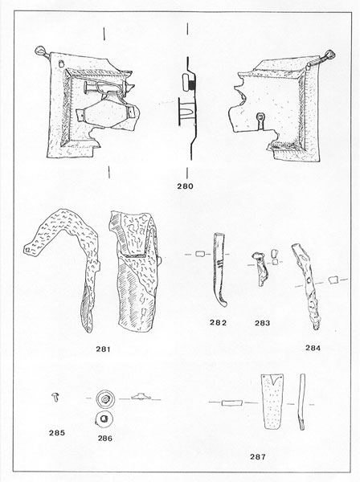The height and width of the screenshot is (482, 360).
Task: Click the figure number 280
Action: (185, 186)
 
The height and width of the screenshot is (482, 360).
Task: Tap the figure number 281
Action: (103, 349)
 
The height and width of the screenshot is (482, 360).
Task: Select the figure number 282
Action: (218, 322)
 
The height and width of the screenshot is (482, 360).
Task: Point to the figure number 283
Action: (262, 323)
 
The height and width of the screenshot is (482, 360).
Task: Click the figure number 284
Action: (313, 348)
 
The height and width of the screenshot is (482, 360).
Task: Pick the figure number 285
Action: (57, 433)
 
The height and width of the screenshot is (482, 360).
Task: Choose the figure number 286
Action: (105, 439)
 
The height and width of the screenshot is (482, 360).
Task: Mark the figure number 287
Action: (258, 457)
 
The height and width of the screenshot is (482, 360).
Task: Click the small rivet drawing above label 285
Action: (55, 397)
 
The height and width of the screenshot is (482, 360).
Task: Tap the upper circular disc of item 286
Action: (105, 398)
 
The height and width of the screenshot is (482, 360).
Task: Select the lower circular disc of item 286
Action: (104, 419)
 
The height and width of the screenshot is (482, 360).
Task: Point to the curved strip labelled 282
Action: (220, 271)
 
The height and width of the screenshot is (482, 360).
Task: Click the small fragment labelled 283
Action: (260, 268)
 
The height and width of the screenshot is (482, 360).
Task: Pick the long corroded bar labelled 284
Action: (306, 286)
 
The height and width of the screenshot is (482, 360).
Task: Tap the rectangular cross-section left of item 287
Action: (232, 402)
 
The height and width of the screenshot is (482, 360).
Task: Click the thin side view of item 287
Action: (302, 402)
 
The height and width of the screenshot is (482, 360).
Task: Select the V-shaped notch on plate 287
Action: (274, 381)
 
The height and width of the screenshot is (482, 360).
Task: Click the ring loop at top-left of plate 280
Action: (40, 51)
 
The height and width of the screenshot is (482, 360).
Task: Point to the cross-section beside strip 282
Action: (200, 254)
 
